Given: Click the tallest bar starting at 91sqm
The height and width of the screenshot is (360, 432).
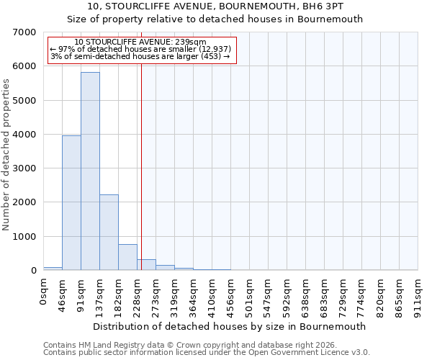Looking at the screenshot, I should pos(90,171).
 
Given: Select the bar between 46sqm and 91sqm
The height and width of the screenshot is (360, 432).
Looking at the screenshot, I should pos(71,203).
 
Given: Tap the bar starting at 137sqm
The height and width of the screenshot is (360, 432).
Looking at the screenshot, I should pos(109,232).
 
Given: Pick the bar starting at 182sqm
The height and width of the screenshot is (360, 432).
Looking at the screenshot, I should pos(127,257).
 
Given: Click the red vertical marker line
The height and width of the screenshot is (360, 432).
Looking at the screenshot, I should pos(141,166).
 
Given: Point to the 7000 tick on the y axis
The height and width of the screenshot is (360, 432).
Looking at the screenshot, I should pos(25,32).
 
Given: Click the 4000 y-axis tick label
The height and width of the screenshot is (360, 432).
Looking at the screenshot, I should pos(25,135).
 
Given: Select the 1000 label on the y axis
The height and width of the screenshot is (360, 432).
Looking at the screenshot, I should pos(25,237).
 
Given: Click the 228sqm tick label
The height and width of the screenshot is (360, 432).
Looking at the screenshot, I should pos(138,293).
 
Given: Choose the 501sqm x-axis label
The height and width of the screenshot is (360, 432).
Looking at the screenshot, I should pos(250,293).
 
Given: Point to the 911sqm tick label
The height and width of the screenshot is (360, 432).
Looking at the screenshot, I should pos(418,293).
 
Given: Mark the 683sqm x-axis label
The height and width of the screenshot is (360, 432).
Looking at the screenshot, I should pos(325,293).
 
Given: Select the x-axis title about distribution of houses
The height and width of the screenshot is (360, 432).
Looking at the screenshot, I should pos(230,326).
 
